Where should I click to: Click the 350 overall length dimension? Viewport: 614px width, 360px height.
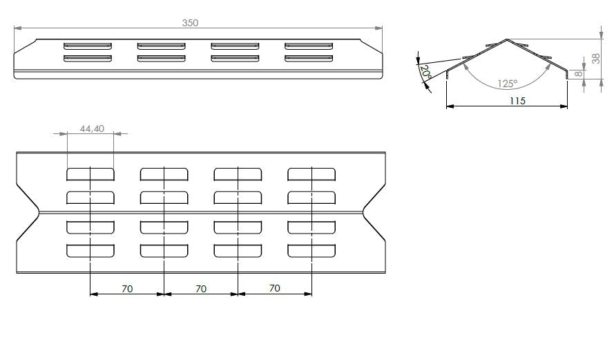(191, 23)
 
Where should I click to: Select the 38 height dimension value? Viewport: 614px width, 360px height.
(595, 59)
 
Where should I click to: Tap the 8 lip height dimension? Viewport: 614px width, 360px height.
(578, 74)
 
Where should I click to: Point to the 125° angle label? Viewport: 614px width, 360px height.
(508, 84)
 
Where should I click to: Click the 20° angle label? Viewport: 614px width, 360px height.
(425, 73)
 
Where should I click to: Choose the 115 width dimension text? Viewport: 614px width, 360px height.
(517, 101)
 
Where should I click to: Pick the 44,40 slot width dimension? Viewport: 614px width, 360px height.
(92, 129)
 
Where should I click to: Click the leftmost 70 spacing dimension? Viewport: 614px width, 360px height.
(127, 289)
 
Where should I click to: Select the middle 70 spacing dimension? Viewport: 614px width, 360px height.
(201, 289)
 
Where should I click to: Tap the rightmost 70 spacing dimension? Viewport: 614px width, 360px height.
(274, 288)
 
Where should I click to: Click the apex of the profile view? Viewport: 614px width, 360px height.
(507, 39)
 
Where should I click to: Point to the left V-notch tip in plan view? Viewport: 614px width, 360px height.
(39, 212)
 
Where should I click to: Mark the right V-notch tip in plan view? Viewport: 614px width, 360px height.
(363, 212)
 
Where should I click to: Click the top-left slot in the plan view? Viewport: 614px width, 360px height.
(90, 174)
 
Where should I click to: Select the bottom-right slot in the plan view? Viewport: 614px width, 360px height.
(311, 251)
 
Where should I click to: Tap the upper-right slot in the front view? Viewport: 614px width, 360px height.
(309, 46)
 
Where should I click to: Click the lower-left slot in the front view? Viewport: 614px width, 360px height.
(88, 58)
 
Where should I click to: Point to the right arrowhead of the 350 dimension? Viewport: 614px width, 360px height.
(378, 28)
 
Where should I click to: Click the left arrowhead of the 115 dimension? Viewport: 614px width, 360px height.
(450, 106)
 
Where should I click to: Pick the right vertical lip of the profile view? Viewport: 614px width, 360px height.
(566, 75)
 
